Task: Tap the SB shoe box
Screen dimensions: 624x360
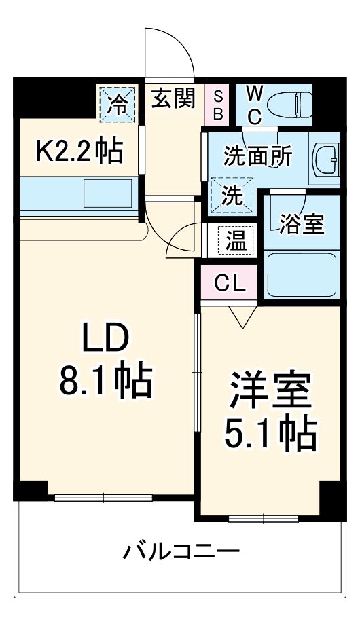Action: coord(218,105)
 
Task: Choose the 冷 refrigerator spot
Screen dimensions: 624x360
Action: coord(118,104)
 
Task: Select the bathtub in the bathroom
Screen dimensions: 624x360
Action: coord(302,274)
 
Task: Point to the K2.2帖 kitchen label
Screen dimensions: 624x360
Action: coord(79,151)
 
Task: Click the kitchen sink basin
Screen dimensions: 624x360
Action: coord(107,194)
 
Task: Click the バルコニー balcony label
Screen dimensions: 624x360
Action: coord(181,551)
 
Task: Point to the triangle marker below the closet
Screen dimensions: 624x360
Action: coord(242,315)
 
